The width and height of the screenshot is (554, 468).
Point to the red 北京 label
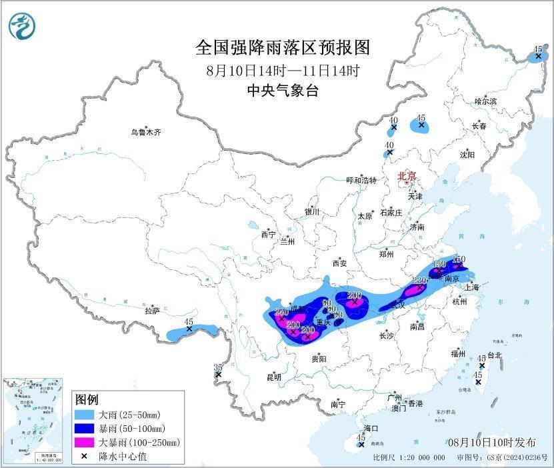click(x=406, y=177)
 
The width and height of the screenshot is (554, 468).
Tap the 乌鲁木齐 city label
click(x=145, y=133)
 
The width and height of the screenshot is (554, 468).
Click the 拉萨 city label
click(x=152, y=311)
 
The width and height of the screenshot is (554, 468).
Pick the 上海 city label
click(x=471, y=287)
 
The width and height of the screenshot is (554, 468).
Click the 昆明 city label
click(x=274, y=377)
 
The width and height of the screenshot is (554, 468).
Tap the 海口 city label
click(x=371, y=428)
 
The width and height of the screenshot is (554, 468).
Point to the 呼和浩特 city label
click(x=361, y=180)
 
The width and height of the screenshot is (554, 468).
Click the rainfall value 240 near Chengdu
click(x=281, y=311)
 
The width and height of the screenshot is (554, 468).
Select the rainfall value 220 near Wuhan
click(x=419, y=281)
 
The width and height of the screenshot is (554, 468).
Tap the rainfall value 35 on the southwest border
click(x=217, y=367)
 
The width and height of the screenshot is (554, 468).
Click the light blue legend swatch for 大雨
click(x=86, y=415)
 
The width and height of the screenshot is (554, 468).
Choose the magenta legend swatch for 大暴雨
click(x=86, y=442)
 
